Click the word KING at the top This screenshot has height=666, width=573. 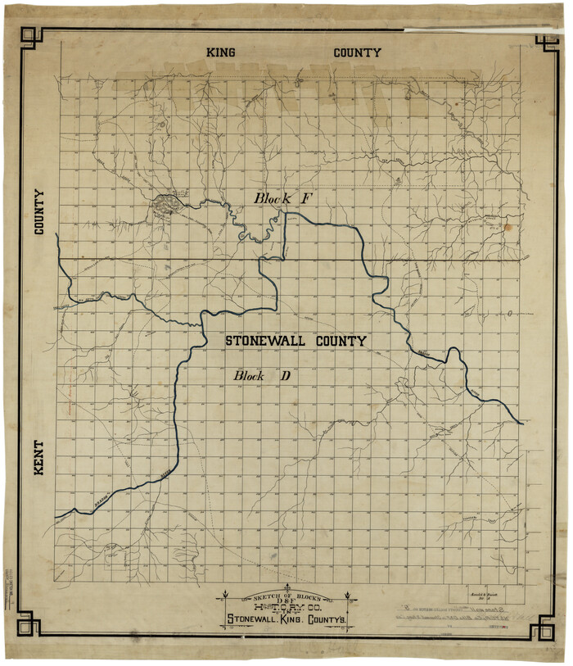tap(221, 52)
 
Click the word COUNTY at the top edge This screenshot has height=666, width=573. tap(357, 52)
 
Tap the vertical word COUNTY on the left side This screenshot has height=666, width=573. tap(38, 212)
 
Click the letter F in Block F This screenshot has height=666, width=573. tap(307, 197)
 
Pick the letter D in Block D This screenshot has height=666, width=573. tap(286, 376)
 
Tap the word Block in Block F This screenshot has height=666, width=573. tap(272, 197)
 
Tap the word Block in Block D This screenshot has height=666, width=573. tap(250, 376)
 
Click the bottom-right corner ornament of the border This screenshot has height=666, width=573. tap(543, 628)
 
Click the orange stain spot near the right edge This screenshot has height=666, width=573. tap(507, 227)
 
